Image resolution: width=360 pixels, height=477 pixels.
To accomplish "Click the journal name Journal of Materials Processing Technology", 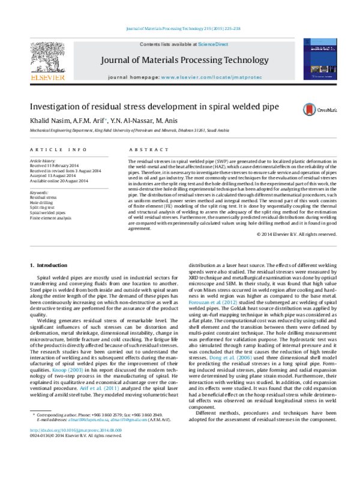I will point(184,60).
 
